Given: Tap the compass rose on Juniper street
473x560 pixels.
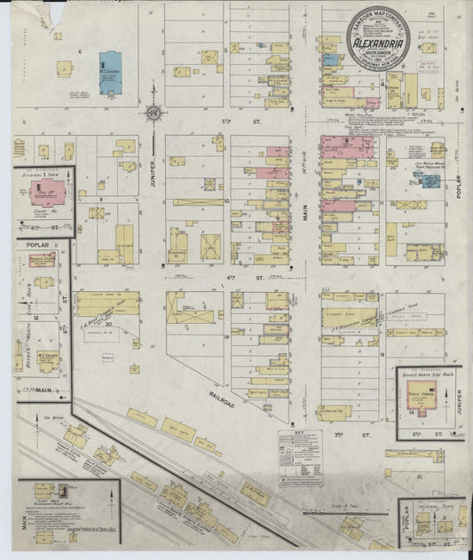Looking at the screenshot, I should point(154,113).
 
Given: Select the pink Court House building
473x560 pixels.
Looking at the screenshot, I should point(43,193).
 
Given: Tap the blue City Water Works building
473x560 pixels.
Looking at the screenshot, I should point(430,180).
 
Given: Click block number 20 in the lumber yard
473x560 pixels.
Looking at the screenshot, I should point(108,324).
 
